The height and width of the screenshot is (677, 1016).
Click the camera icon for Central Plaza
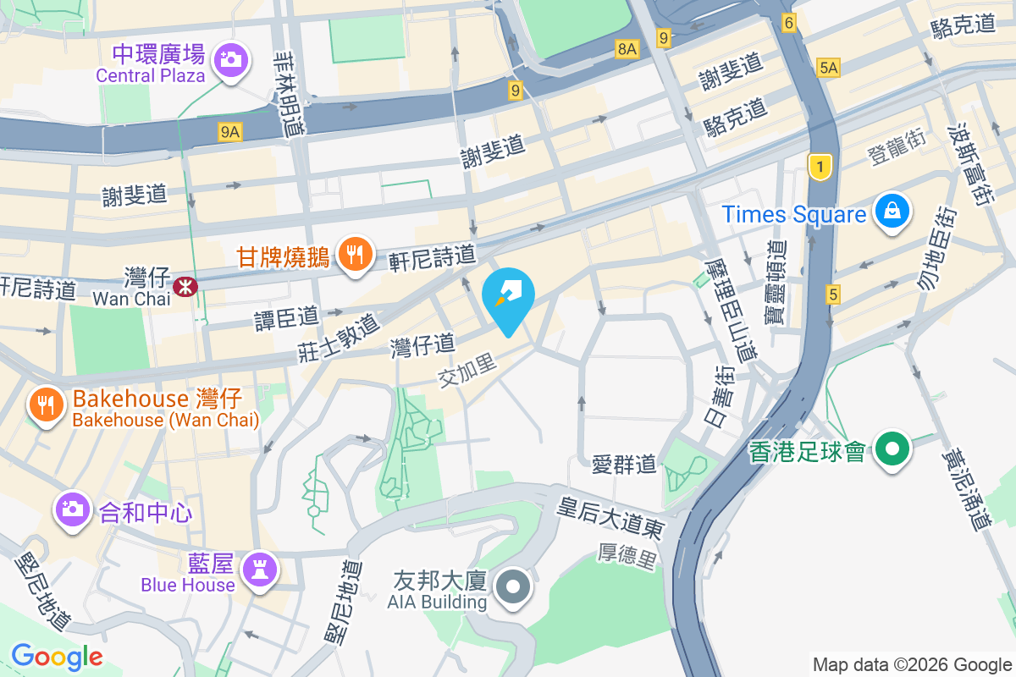pyautogui.click(x=230, y=60)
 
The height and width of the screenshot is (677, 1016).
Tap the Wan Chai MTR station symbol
pyautogui.click(x=185, y=287)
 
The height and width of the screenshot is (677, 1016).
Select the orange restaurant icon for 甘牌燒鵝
pyautogui.click(x=356, y=253)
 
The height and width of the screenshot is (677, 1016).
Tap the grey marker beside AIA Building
pyautogui.click(x=513, y=586)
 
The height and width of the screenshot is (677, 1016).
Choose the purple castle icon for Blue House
pyautogui.click(x=259, y=569)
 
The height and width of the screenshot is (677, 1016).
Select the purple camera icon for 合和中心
pyautogui.click(x=73, y=509)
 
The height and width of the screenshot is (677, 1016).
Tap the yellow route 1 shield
pyautogui.click(x=820, y=167)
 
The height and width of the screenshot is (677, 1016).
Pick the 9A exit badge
pyautogui.click(x=230, y=131)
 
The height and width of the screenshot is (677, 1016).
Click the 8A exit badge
pyautogui.click(x=627, y=49)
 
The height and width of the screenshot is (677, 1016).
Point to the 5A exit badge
pyautogui.click(x=828, y=68)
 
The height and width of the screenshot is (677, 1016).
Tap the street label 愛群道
pyautogui.click(x=624, y=464)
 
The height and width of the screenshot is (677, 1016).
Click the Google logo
pyautogui.click(x=57, y=657)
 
